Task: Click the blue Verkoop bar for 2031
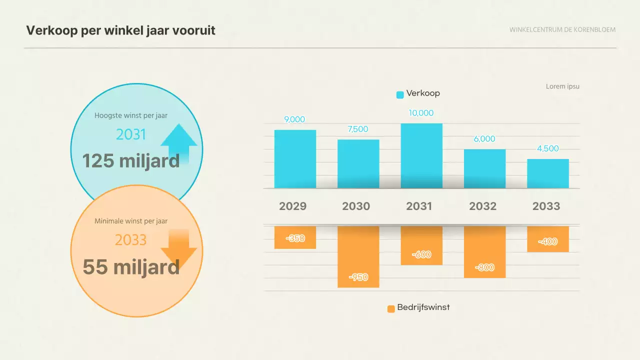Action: (421, 156)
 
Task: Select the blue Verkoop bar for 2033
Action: (547, 173)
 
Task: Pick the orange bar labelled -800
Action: (484, 251)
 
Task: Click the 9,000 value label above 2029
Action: (294, 119)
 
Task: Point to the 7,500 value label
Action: (357, 129)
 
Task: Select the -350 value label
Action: (295, 238)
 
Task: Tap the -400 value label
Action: (547, 241)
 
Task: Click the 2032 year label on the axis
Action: (482, 206)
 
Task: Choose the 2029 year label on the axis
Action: (292, 206)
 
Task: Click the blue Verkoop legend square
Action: (400, 94)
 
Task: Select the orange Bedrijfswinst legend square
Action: (391, 308)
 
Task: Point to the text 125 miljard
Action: (130, 161)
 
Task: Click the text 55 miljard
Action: (130, 267)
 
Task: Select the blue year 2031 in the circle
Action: (131, 134)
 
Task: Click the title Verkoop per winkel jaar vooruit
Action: (120, 30)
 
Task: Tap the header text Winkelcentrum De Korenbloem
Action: (562, 29)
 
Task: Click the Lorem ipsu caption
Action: (562, 86)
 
